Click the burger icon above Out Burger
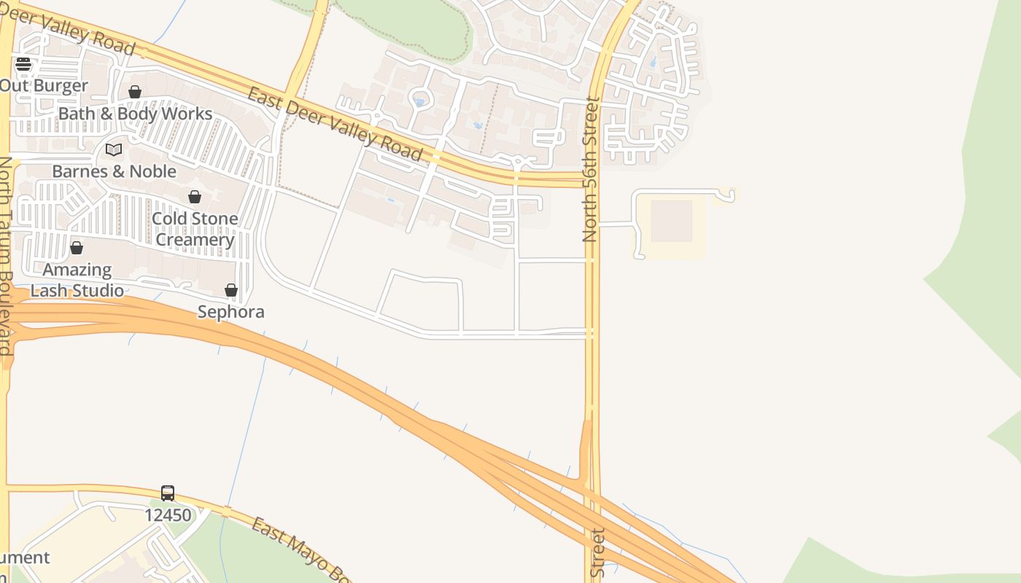click(23, 64)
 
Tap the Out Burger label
click(44, 85)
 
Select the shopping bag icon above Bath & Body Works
click(135, 92)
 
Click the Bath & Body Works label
click(135, 114)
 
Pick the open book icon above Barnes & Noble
click(114, 149)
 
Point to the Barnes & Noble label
click(114, 171)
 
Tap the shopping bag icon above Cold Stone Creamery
click(195, 197)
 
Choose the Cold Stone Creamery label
click(195, 229)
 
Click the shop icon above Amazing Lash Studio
click(77, 248)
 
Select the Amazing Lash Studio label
click(77, 280)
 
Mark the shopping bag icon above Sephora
click(231, 290)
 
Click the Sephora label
click(231, 312)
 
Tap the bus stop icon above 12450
click(168, 493)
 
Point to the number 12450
click(168, 515)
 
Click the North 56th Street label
click(590, 169)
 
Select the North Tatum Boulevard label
click(6, 255)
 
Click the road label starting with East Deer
click(335, 124)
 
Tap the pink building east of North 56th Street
click(671, 221)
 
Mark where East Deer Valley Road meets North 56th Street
click(592, 179)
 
